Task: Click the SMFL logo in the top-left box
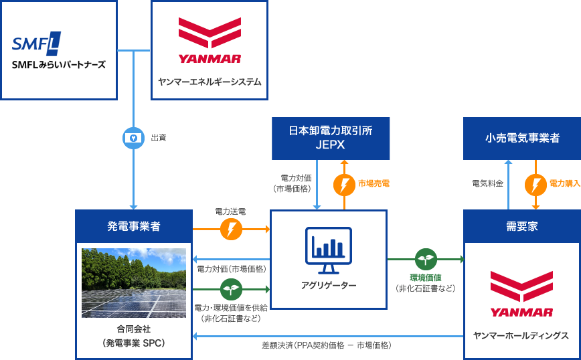click(x=36, y=44)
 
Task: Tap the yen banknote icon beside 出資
click(x=133, y=138)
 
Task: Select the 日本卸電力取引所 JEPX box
click(x=331, y=138)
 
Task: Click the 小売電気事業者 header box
click(x=522, y=138)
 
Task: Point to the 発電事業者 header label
click(x=133, y=226)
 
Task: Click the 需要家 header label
click(x=522, y=226)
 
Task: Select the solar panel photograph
click(x=134, y=282)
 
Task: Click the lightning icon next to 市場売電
click(x=344, y=183)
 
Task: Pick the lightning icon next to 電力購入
click(x=535, y=183)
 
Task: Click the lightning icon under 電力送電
click(x=231, y=229)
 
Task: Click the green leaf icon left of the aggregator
click(x=231, y=289)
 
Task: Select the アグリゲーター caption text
click(x=329, y=286)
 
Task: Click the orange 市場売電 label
click(x=373, y=183)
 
